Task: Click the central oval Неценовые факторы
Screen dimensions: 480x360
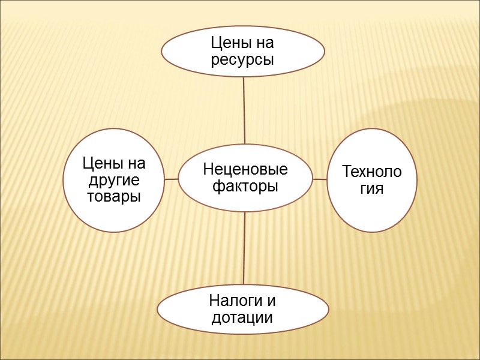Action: (x=245, y=178)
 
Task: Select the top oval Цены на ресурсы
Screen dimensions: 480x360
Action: (x=243, y=51)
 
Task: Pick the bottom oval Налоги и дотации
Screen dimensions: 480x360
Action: (x=243, y=308)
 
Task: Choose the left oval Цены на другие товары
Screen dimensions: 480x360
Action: (x=114, y=180)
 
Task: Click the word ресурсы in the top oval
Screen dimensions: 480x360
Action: (x=243, y=60)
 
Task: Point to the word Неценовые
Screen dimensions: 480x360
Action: (x=245, y=170)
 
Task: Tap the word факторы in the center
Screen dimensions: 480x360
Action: (x=245, y=186)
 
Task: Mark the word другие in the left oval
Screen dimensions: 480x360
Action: (x=114, y=180)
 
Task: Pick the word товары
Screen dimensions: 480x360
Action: (x=114, y=196)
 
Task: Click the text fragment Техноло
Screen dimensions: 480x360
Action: (x=371, y=172)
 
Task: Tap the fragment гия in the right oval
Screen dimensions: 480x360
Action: (x=371, y=188)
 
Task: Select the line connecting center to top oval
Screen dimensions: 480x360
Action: (x=244, y=110)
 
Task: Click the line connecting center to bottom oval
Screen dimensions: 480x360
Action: (x=244, y=249)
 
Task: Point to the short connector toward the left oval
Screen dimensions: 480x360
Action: (x=171, y=179)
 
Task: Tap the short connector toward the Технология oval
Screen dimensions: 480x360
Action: (x=320, y=179)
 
